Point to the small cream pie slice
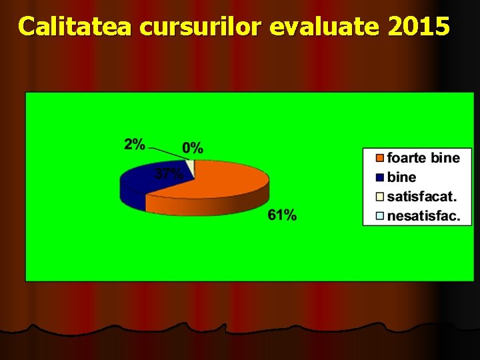pyautogui.click(x=191, y=166)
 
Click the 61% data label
pyautogui.click(x=282, y=215)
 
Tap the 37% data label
pyautogui.click(x=169, y=175)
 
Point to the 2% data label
pyautogui.click(x=134, y=144)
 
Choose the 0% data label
pyautogui.click(x=193, y=148)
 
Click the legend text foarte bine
pyautogui.click(x=423, y=158)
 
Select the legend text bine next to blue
pyautogui.click(x=401, y=177)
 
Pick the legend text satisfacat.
pyautogui.click(x=422, y=197)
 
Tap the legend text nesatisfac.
pyautogui.click(x=423, y=216)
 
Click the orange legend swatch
pyautogui.click(x=380, y=158)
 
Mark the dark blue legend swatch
pyautogui.click(x=380, y=177)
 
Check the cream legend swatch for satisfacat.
pyautogui.click(x=380, y=197)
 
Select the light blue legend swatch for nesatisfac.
pyautogui.click(x=380, y=216)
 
